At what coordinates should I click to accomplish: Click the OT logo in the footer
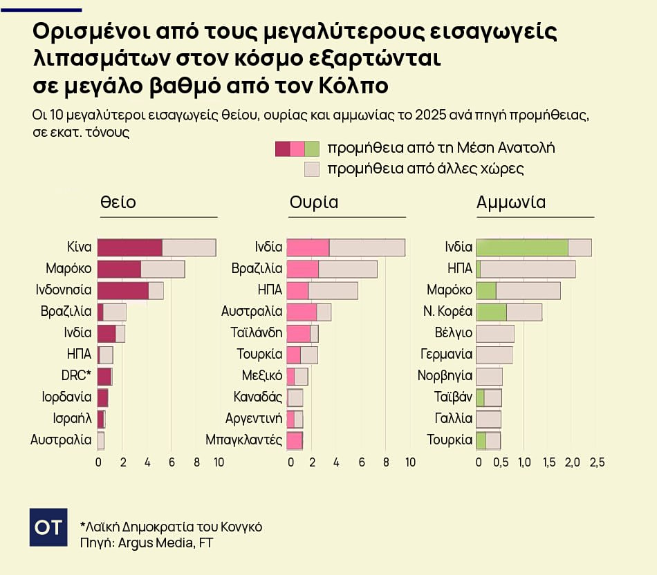point(48,527)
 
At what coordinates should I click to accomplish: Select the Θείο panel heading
point(118,202)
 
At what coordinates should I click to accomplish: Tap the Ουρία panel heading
point(313,202)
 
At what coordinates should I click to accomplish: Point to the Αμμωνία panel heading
point(511,202)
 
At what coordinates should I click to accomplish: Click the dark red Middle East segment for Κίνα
point(129,247)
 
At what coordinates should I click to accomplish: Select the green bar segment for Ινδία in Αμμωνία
point(521,247)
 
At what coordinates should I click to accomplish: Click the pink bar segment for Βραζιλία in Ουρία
point(302,269)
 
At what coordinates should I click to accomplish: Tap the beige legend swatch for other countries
point(312,169)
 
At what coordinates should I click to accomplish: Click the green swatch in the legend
point(312,149)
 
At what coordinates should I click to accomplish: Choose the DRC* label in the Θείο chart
point(76,375)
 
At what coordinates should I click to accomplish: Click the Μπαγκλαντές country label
point(243,440)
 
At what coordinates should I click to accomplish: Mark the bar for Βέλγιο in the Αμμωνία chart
point(495,333)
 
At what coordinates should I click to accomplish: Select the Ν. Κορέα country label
point(447,311)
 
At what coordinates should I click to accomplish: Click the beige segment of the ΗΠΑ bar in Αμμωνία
point(528,269)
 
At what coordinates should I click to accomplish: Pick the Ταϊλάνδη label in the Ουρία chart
point(256,332)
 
